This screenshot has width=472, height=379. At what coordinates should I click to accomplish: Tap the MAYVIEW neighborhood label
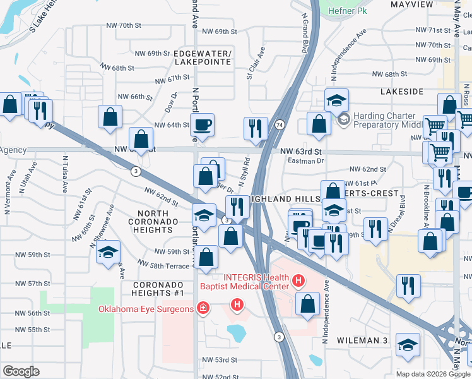(x=412, y=4)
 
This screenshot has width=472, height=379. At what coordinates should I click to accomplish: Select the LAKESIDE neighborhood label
(x=402, y=92)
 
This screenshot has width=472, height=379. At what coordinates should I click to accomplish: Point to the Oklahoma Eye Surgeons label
(x=145, y=309)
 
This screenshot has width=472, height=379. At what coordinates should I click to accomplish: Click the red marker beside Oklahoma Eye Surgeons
(x=203, y=309)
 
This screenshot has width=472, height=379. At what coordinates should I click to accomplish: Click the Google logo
(x=21, y=371)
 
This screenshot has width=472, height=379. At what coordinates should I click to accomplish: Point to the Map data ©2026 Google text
(x=433, y=374)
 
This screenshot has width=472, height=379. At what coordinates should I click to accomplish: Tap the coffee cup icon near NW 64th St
(x=202, y=124)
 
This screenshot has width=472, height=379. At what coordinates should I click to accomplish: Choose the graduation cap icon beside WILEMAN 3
(x=408, y=344)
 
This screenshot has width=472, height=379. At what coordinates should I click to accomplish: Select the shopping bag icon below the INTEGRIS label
(x=307, y=303)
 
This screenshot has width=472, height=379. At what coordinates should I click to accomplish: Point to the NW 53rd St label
(x=219, y=359)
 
